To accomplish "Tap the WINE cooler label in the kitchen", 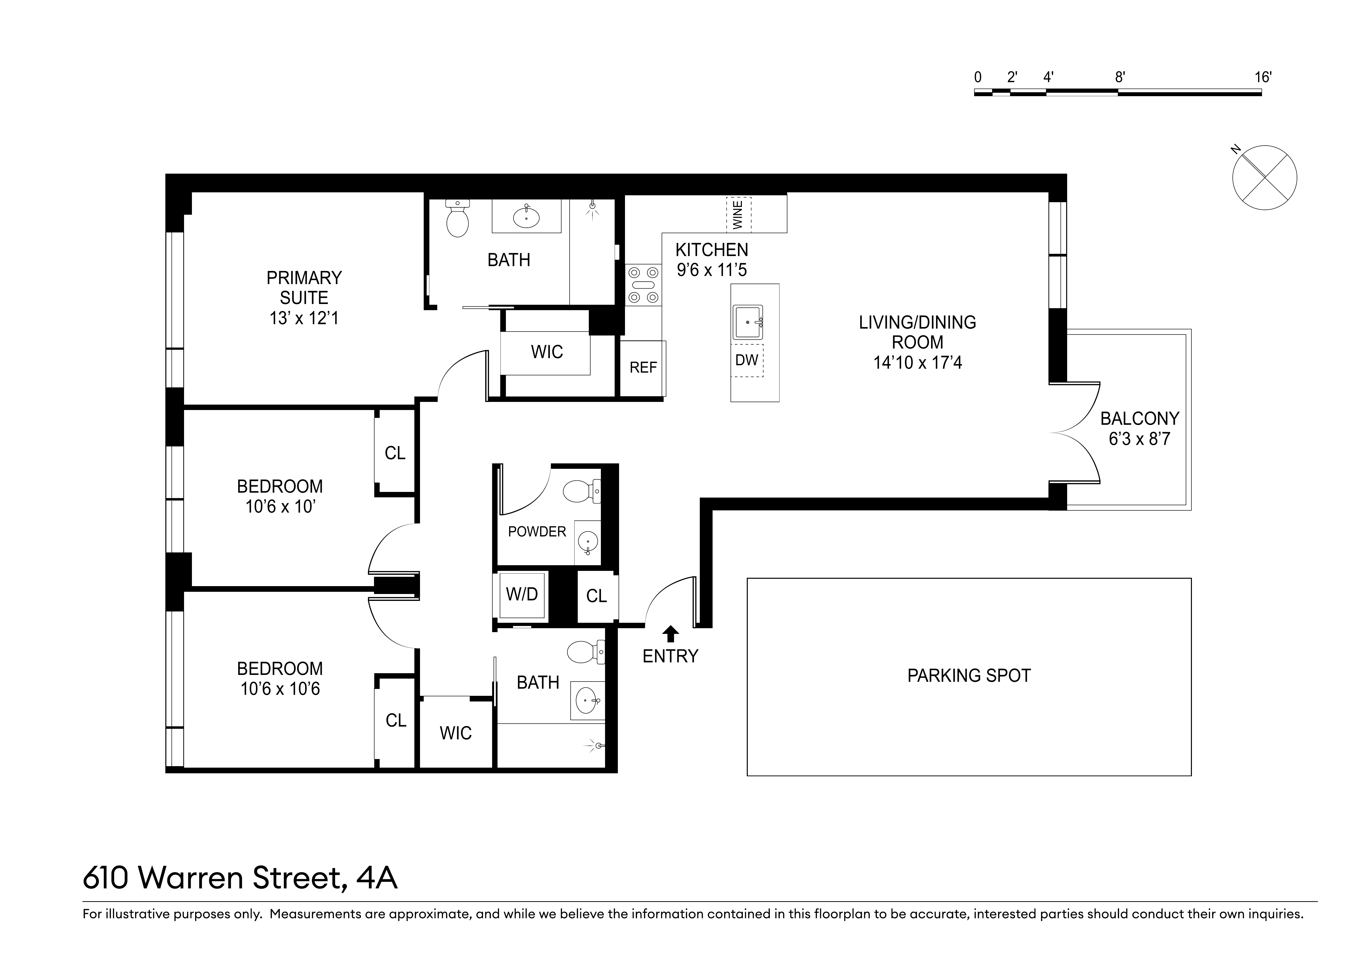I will [x=738, y=214].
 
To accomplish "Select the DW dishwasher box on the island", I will [x=747, y=360].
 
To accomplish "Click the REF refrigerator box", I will [x=642, y=367].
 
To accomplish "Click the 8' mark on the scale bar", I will [x=1119, y=77].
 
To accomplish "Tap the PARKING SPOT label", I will [x=969, y=675].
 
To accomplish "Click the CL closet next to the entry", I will [x=596, y=596].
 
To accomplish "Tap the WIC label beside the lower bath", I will [x=456, y=733].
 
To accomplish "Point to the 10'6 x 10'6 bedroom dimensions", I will [x=280, y=689].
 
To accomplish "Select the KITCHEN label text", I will [x=712, y=250].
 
